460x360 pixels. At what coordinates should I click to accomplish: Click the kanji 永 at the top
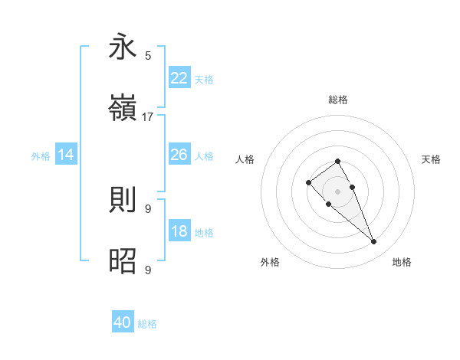tap(123, 47)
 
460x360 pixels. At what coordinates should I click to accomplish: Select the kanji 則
tap(123, 200)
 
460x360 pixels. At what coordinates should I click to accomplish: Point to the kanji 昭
tap(123, 261)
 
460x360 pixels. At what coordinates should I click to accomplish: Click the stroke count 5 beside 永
tap(148, 55)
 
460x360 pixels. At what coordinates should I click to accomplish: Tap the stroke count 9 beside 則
tap(148, 208)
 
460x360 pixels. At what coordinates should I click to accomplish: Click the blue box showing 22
tap(179, 78)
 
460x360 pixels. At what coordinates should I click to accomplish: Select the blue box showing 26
tap(179, 155)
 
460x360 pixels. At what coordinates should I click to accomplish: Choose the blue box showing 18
tap(179, 231)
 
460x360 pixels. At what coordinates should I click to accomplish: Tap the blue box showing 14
tap(66, 155)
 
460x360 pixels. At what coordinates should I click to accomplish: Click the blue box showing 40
tap(123, 322)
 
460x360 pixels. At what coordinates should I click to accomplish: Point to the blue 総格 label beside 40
tap(147, 324)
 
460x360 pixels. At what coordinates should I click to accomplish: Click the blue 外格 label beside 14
tap(41, 156)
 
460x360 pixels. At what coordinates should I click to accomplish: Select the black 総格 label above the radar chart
tap(338, 100)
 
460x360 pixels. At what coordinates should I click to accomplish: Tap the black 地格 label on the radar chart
tap(402, 262)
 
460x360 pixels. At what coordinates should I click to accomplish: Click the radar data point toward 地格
tap(374, 242)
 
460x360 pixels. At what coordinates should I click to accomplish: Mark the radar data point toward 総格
tap(338, 161)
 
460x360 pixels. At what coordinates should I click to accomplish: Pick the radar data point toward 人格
tap(308, 182)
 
